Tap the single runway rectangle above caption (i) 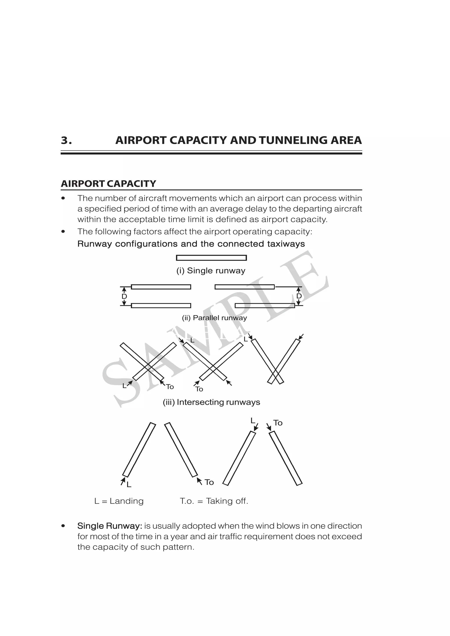click(211, 258)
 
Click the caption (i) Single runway click(211, 271)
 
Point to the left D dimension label click(124, 296)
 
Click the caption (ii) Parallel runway click(214, 318)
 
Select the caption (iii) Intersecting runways click(211, 402)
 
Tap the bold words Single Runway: click(110, 526)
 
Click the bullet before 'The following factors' click(64, 231)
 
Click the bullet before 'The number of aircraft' click(64, 198)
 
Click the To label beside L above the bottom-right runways click(278, 423)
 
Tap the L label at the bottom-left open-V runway click(129, 484)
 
